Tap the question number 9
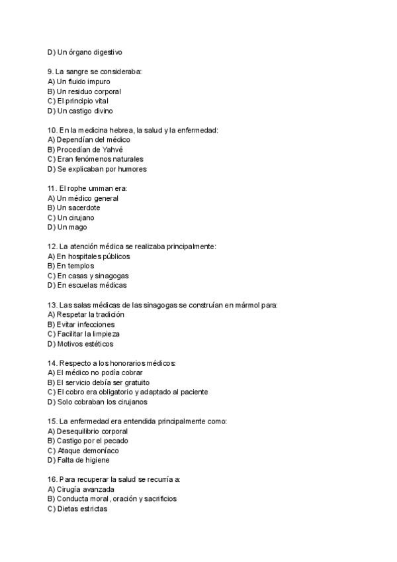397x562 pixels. click(50, 72)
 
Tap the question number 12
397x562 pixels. click(52, 247)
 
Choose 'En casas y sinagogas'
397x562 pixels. click(88, 276)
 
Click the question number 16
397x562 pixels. click(52, 479)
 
